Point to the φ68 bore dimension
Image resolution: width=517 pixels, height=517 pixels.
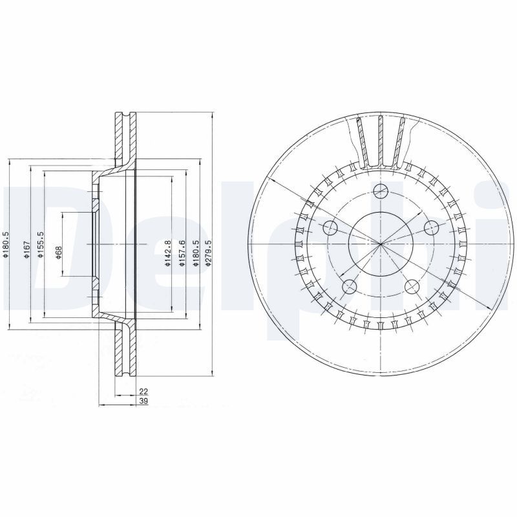pos(58,252)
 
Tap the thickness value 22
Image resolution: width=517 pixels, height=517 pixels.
pos(143,392)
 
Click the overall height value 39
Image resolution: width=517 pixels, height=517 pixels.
pos(143,402)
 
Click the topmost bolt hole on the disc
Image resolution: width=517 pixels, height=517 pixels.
pos(381,190)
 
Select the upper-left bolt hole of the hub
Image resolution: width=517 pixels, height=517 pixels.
pos(330,227)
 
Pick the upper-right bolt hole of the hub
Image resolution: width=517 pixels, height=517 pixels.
pos(431,227)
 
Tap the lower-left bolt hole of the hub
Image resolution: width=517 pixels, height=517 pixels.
pos(350,286)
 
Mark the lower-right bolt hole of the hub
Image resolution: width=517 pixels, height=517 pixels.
pos(412,286)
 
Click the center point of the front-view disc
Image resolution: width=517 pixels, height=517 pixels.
pos(381,244)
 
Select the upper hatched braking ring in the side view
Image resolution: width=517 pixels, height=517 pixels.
pos(125,139)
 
